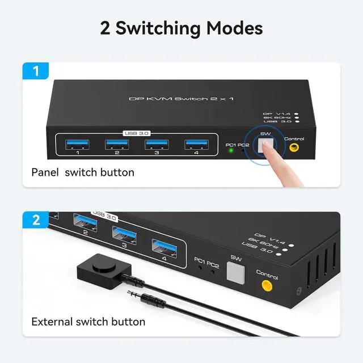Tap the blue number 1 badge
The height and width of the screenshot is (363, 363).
tap(36, 72)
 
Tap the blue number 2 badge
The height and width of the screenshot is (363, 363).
tap(36, 221)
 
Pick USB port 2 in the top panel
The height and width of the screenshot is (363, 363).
tap(116, 144)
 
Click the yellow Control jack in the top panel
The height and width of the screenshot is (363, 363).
tap(294, 148)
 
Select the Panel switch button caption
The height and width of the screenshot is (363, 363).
tap(83, 172)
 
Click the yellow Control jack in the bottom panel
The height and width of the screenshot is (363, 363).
tap(266, 285)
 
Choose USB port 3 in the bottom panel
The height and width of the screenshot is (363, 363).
tap(124, 234)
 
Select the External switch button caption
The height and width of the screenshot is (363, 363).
tap(88, 322)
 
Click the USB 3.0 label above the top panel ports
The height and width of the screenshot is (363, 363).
tap(136, 133)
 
